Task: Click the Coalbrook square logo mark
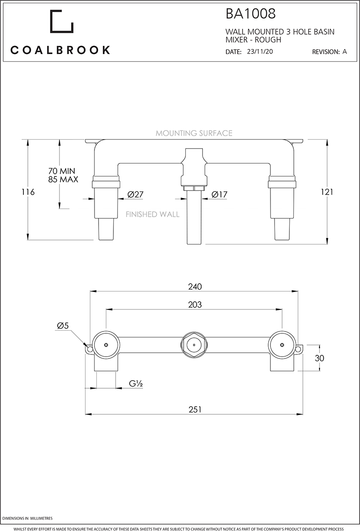(61, 21)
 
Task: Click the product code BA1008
(250, 14)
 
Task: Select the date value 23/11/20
(260, 52)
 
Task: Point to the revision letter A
(345, 52)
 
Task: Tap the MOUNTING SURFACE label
(194, 133)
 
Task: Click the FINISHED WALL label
(153, 214)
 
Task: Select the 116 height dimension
(28, 192)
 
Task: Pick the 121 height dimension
(327, 192)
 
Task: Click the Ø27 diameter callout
(135, 195)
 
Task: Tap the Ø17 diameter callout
(220, 195)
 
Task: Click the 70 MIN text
(62, 171)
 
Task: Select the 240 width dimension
(194, 286)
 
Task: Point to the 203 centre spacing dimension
(194, 305)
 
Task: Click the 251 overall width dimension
(194, 409)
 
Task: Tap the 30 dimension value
(319, 358)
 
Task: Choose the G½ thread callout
(136, 384)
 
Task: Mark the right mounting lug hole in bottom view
(299, 349)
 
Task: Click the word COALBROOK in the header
(60, 50)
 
